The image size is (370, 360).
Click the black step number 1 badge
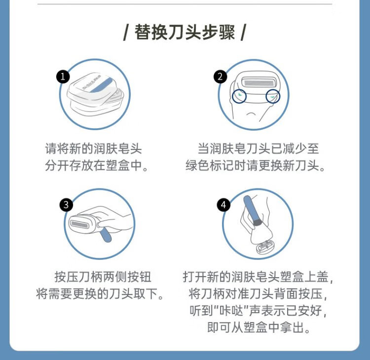click(63, 76)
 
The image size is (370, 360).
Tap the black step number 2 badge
click(220, 76)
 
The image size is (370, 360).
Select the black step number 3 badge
click(66, 205)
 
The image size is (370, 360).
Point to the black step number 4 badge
click(223, 205)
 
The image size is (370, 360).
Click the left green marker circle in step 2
click(239, 96)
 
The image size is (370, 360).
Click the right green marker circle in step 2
click(273, 96)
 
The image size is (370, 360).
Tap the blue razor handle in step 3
click(106, 235)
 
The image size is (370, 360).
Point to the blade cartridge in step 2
click(259, 83)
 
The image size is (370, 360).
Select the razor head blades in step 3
click(79, 224)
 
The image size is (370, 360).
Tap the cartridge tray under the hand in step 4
click(266, 247)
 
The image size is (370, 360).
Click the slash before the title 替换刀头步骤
click(126, 33)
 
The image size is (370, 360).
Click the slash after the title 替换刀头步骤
click(243, 33)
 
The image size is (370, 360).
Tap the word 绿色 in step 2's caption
click(197, 165)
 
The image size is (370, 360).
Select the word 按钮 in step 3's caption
click(139, 277)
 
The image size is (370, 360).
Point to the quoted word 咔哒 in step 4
click(231, 311)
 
